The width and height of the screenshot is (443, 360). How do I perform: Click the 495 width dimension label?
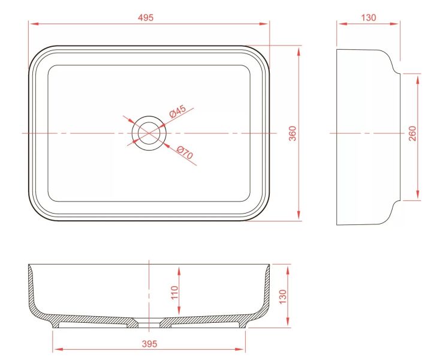146,17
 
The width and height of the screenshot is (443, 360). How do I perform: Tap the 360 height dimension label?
293,133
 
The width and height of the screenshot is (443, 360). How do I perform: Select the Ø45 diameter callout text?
177,111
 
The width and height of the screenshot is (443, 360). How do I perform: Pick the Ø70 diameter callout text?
185,153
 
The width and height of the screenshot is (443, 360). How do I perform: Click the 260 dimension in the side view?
412,133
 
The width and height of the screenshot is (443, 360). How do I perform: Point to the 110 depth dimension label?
174,292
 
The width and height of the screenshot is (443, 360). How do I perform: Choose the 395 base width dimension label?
149,344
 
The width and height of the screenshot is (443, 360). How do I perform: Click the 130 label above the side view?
369,17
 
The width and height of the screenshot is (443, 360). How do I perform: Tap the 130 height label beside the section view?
282,296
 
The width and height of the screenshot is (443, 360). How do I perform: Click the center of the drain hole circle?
149,133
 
